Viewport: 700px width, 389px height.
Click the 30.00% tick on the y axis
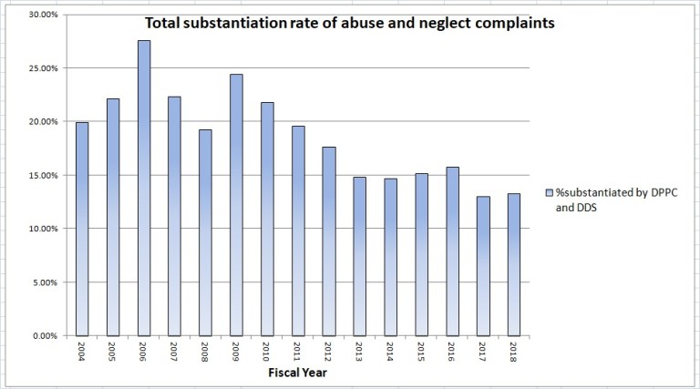[42, 15]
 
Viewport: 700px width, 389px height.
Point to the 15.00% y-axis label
[42, 175]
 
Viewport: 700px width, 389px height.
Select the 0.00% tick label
[45, 335]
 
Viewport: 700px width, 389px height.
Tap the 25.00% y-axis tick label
[42, 68]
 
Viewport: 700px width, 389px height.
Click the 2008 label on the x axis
[206, 352]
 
